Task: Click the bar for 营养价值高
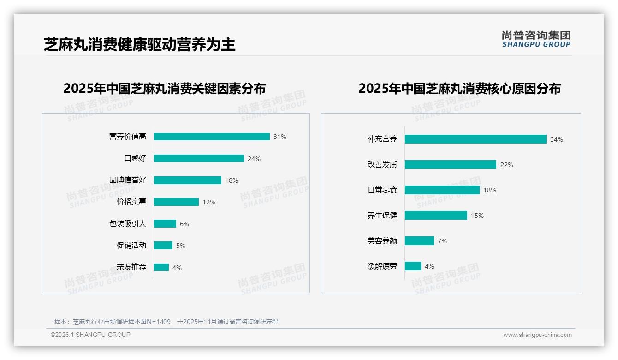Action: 212,137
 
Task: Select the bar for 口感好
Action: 199,158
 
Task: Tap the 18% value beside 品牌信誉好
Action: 232,180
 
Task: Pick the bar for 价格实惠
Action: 176,202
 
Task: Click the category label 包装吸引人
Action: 128,224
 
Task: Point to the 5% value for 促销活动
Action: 181,246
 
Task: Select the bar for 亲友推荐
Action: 161,267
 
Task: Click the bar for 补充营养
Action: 475,139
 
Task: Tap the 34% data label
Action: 557,139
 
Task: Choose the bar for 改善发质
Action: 451,165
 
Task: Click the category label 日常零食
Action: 382,190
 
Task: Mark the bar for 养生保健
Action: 436,216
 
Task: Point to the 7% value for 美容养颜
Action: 442,241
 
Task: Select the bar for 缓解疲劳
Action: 413,266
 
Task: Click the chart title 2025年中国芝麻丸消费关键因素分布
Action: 165,88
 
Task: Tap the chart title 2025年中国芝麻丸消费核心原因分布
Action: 459,88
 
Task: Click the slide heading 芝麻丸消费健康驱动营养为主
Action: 140,44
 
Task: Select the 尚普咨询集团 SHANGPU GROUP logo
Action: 536,39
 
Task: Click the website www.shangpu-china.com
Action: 537,335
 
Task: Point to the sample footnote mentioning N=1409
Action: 166,322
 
